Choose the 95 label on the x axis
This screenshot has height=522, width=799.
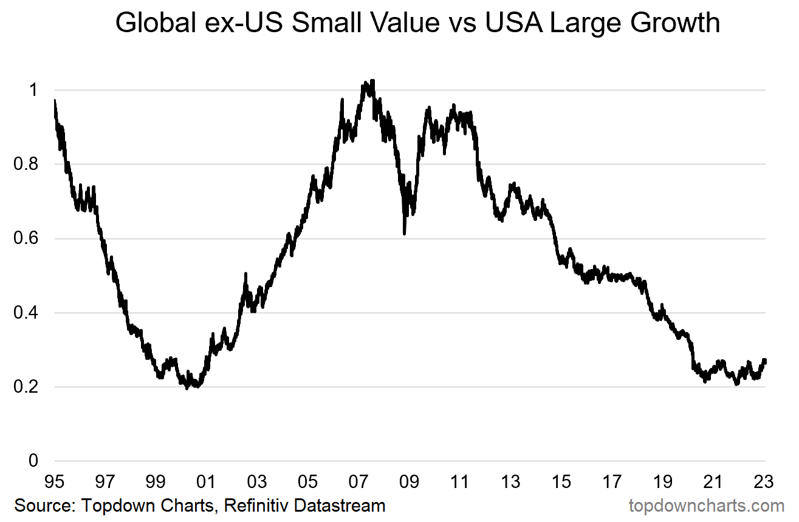(x=54, y=482)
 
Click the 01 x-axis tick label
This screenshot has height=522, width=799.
(x=206, y=482)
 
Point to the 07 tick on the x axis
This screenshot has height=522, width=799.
(x=358, y=482)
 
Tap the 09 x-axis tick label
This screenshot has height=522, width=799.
(x=409, y=482)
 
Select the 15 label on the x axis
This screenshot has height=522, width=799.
(x=561, y=482)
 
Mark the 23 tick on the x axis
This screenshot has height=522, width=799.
(x=764, y=482)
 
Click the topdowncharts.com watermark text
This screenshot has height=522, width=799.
(x=706, y=505)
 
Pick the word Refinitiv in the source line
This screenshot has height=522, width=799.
(x=259, y=505)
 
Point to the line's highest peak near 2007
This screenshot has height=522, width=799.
(x=372, y=81)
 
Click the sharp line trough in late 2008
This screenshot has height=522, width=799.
(x=405, y=233)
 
